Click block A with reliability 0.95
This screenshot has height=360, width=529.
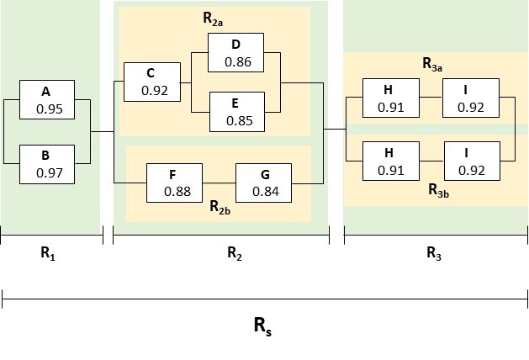click(47, 100)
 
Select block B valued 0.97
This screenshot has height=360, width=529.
click(47, 164)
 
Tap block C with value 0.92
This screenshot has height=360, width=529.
click(151, 82)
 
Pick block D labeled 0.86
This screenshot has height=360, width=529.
click(236, 53)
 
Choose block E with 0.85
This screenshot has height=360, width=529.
click(236, 112)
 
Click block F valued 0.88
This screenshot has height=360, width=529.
click(174, 182)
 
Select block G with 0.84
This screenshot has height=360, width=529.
click(263, 182)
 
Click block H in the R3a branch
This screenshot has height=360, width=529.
click(389, 99)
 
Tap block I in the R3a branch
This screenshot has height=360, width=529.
click(471, 99)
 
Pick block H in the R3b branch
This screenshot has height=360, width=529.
click(389, 161)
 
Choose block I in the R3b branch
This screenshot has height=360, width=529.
click(471, 161)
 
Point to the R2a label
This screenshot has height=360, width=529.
click(214, 17)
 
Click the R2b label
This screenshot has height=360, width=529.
click(220, 206)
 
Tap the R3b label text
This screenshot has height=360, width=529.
click(438, 193)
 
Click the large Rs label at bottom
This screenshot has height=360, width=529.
click(263, 325)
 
